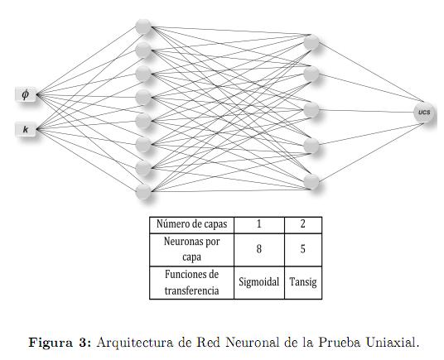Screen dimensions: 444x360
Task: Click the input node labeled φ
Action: click(x=26, y=94)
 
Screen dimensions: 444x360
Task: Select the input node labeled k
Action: click(x=26, y=130)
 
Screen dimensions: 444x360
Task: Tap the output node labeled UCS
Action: click(x=424, y=113)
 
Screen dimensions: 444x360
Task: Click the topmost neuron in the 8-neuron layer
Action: click(x=143, y=26)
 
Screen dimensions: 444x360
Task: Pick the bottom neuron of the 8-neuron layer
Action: click(x=143, y=192)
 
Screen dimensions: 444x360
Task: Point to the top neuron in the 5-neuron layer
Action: click(x=311, y=42)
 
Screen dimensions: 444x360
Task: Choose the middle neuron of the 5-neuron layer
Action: click(x=311, y=110)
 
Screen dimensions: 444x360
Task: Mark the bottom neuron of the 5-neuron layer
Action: click(x=311, y=181)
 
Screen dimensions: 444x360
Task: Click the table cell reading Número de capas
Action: click(x=191, y=225)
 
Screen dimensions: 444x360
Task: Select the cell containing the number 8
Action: click(x=259, y=249)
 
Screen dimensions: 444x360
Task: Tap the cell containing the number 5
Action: click(x=303, y=249)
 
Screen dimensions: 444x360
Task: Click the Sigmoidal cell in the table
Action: click(x=259, y=282)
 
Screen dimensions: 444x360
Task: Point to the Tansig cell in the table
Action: click(x=303, y=282)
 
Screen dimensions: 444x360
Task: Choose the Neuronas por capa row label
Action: click(x=191, y=249)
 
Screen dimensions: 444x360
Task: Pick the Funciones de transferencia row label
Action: click(x=191, y=282)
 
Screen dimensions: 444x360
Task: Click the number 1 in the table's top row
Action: click(x=259, y=224)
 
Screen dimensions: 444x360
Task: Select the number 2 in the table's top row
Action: click(x=303, y=224)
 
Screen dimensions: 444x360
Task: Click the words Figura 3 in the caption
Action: click(x=60, y=343)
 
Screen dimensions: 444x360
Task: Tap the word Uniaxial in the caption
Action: click(x=393, y=342)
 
